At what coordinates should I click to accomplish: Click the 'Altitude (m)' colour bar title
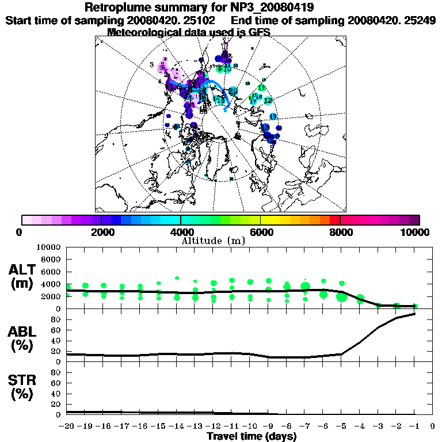coord(213,241)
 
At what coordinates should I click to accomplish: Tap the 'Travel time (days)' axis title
coord(252,436)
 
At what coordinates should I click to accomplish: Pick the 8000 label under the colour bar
coord(340,232)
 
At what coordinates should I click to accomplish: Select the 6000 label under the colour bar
coord(261,232)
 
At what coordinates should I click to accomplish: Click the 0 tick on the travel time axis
coord(432,426)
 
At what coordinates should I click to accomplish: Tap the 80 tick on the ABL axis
coord(56,319)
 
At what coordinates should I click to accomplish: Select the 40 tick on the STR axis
coord(56,394)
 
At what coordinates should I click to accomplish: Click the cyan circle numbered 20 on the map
coord(233,91)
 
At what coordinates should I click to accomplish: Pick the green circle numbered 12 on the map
coord(268,100)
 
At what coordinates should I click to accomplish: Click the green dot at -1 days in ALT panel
coord(415,306)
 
